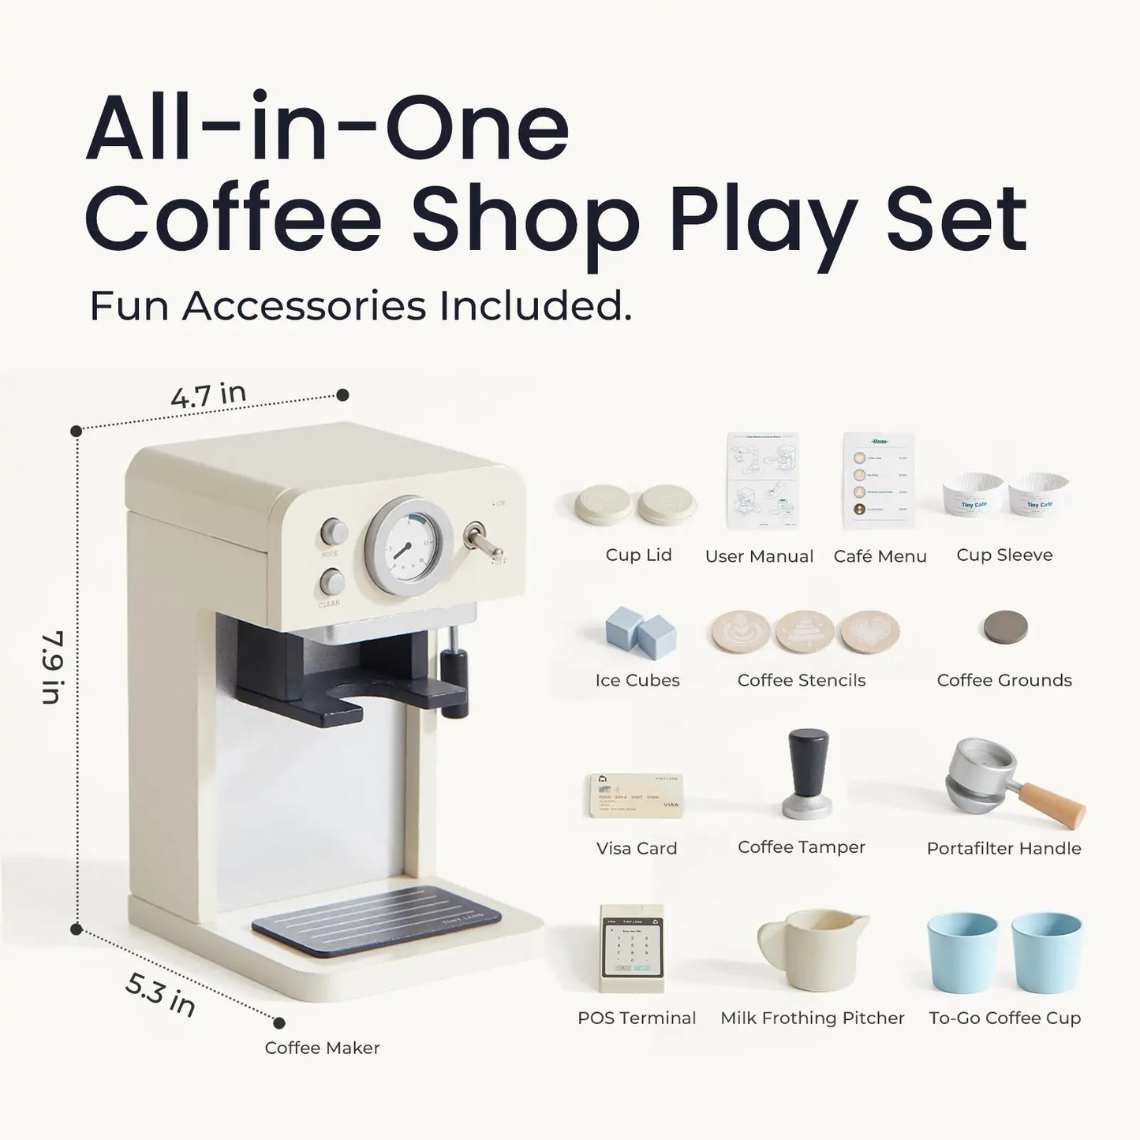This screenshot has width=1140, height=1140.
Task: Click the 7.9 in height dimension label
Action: pos(52,667)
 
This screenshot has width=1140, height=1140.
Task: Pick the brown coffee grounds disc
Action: pos(1005,628)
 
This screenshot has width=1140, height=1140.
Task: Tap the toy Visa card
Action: pos(636,795)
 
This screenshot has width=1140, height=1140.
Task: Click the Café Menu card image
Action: pos(878,480)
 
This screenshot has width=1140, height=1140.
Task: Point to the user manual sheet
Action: pos(762,480)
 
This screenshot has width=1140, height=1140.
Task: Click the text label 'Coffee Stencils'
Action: pos(801,680)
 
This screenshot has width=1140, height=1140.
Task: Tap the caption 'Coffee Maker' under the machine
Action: pos(322,1048)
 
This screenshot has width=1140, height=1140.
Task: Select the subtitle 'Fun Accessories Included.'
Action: pos(361,306)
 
